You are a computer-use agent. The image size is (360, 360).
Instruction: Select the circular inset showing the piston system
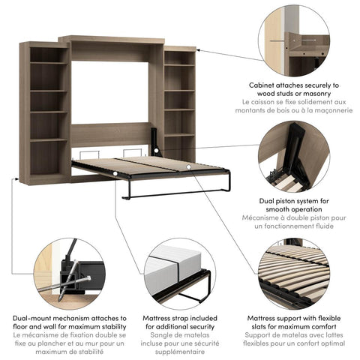point(293,157)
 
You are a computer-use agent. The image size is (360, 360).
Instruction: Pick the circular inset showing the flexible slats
point(293,272)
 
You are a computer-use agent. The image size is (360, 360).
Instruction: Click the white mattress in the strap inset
point(169,266)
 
